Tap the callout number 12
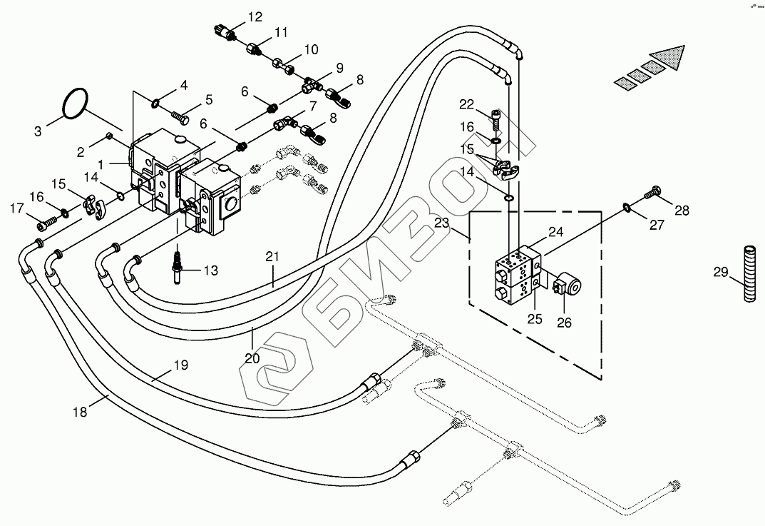coord(255,17)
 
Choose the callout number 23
coord(441,223)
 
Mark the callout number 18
coord(80,413)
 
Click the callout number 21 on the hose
coord(272,256)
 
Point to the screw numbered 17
coord(46,223)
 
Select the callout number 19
coord(181,365)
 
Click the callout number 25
coord(535,319)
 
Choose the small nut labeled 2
coord(110,136)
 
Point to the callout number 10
coord(311,49)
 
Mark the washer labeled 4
coord(155,103)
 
